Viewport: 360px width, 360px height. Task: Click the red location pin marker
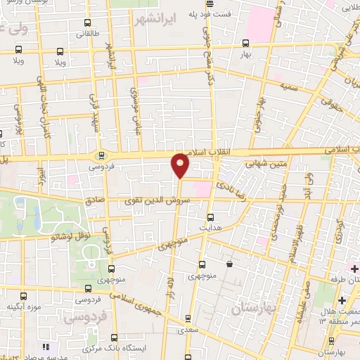click(x=181, y=165)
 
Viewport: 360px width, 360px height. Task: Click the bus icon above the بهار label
click(x=245, y=43)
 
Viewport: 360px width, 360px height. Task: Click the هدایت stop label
click(x=211, y=229)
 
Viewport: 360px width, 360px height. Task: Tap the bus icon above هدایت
click(x=212, y=217)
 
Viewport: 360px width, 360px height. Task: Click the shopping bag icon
click(x=230, y=264)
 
